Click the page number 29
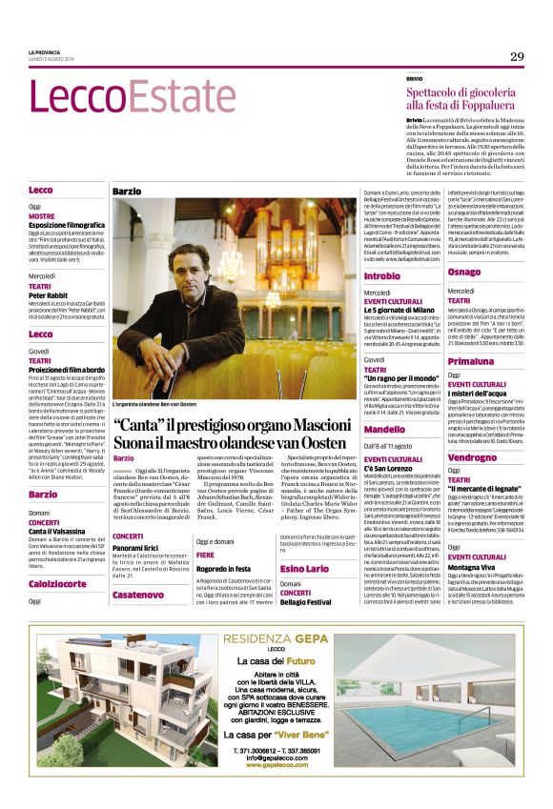516,56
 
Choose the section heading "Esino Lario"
305,569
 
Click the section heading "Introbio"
382,275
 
